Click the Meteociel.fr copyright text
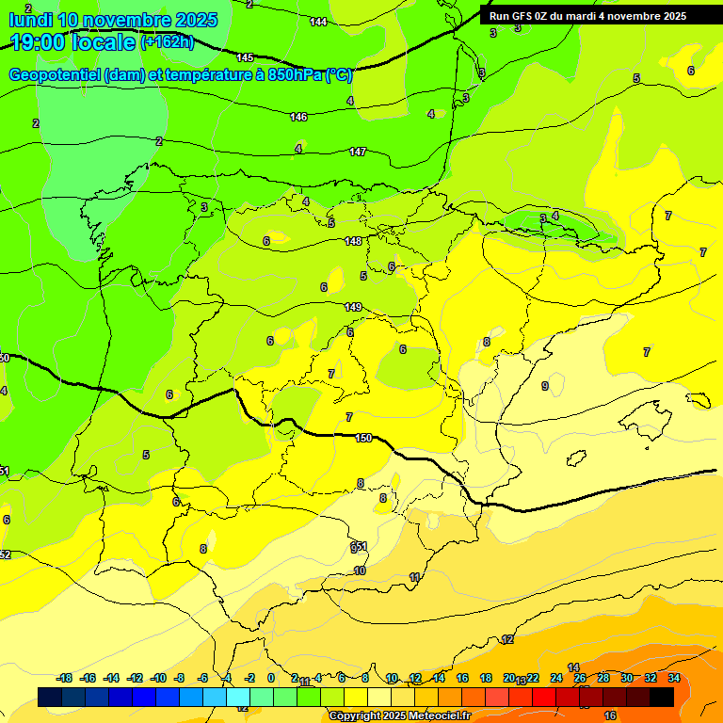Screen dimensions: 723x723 point(399,716)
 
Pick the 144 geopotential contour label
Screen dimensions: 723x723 point(319,22)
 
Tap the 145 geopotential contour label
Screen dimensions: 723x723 point(246,58)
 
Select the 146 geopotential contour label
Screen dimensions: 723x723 point(298,117)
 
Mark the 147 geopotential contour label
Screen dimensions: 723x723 point(358,152)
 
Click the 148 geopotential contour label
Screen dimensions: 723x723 point(353,242)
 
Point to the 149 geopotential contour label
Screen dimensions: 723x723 point(353,307)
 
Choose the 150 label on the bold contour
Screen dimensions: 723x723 point(364,438)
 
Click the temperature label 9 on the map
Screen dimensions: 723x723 point(545,386)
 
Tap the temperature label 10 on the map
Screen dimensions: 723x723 point(360,570)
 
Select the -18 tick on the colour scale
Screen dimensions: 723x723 point(64,679)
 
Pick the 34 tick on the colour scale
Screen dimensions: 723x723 point(673,679)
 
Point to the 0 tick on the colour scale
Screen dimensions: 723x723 point(271,679)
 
